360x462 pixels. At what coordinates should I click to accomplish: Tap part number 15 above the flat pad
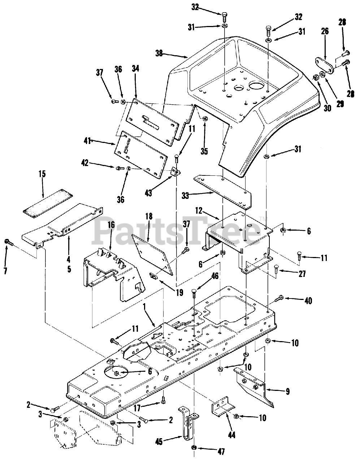pyautogui.click(x=42, y=174)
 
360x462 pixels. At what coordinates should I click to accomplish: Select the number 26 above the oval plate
pyautogui.click(x=325, y=31)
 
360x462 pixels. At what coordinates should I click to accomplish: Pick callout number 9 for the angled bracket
pyautogui.click(x=287, y=391)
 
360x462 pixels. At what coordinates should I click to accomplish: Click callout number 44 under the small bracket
pyautogui.click(x=231, y=435)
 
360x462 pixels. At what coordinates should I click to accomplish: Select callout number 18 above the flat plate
pyautogui.click(x=149, y=216)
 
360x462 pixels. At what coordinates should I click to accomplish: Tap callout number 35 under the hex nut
pyautogui.click(x=204, y=141)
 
